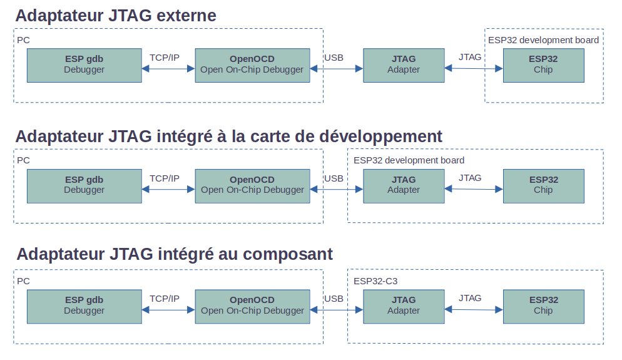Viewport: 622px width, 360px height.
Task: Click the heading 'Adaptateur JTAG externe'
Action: tap(116, 16)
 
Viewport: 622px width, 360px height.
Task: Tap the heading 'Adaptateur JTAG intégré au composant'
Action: tap(175, 254)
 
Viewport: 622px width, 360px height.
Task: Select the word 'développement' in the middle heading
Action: tap(380, 136)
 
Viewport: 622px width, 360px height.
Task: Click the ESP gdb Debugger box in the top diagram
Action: tap(84, 66)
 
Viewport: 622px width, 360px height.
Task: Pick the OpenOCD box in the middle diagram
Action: tap(252, 186)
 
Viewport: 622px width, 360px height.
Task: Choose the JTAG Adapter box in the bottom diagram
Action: tap(404, 306)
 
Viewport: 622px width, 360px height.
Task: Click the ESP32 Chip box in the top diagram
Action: tap(543, 66)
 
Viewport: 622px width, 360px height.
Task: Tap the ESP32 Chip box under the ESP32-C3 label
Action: tap(543, 306)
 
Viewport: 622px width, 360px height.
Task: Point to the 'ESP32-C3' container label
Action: tap(375, 281)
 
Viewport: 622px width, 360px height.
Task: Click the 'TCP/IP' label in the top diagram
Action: tap(164, 58)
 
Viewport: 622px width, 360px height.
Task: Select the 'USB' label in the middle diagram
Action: tap(334, 178)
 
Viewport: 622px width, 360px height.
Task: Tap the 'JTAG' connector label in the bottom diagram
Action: tap(470, 298)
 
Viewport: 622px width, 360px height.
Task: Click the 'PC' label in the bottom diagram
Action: tap(23, 281)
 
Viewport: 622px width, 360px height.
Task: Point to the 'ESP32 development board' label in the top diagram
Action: tap(543, 40)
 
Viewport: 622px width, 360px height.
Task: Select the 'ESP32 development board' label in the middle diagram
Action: tap(409, 160)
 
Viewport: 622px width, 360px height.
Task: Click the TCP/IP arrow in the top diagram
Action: tap(168, 69)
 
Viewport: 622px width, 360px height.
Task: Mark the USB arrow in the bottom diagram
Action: tap(337, 310)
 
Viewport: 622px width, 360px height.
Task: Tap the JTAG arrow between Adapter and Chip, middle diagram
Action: tap(474, 189)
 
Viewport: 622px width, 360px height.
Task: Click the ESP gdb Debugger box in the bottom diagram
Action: tap(84, 306)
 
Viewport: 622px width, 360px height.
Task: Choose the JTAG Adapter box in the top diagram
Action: tap(404, 66)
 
